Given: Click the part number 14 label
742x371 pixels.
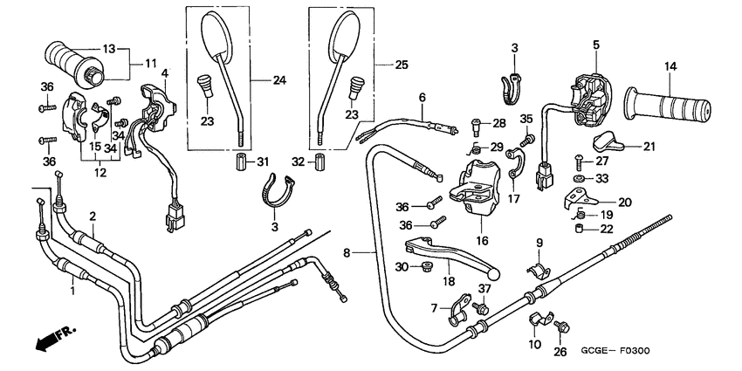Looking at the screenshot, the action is click(670, 66).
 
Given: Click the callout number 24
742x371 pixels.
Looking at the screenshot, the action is click(279, 80).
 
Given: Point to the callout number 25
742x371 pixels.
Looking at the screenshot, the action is click(402, 65).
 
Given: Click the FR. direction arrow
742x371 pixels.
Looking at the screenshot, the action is click(54, 340).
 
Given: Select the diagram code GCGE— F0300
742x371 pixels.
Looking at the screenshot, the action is click(615, 351).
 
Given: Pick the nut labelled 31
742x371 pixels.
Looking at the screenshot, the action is click(241, 162).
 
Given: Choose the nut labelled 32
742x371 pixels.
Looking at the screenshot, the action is click(319, 162).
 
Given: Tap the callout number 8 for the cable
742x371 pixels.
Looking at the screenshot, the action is click(347, 254).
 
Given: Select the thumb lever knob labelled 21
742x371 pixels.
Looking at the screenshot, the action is click(608, 141).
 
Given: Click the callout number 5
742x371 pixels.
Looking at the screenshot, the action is click(595, 45).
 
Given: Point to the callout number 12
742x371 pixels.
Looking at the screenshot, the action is click(100, 173).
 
